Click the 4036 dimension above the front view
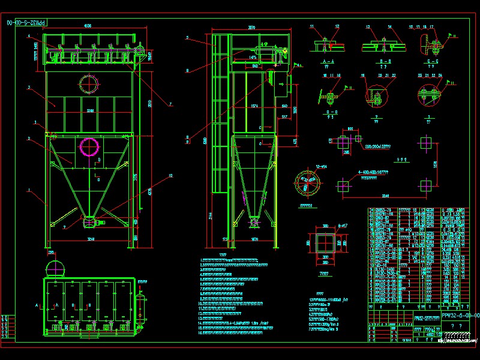coord(88,26)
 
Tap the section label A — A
coord(328,62)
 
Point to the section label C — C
coord(428,62)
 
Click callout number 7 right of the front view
coord(170,104)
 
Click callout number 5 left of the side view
coord(187,37)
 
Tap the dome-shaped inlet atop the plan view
coord(55,268)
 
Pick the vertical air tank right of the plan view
coord(143,304)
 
